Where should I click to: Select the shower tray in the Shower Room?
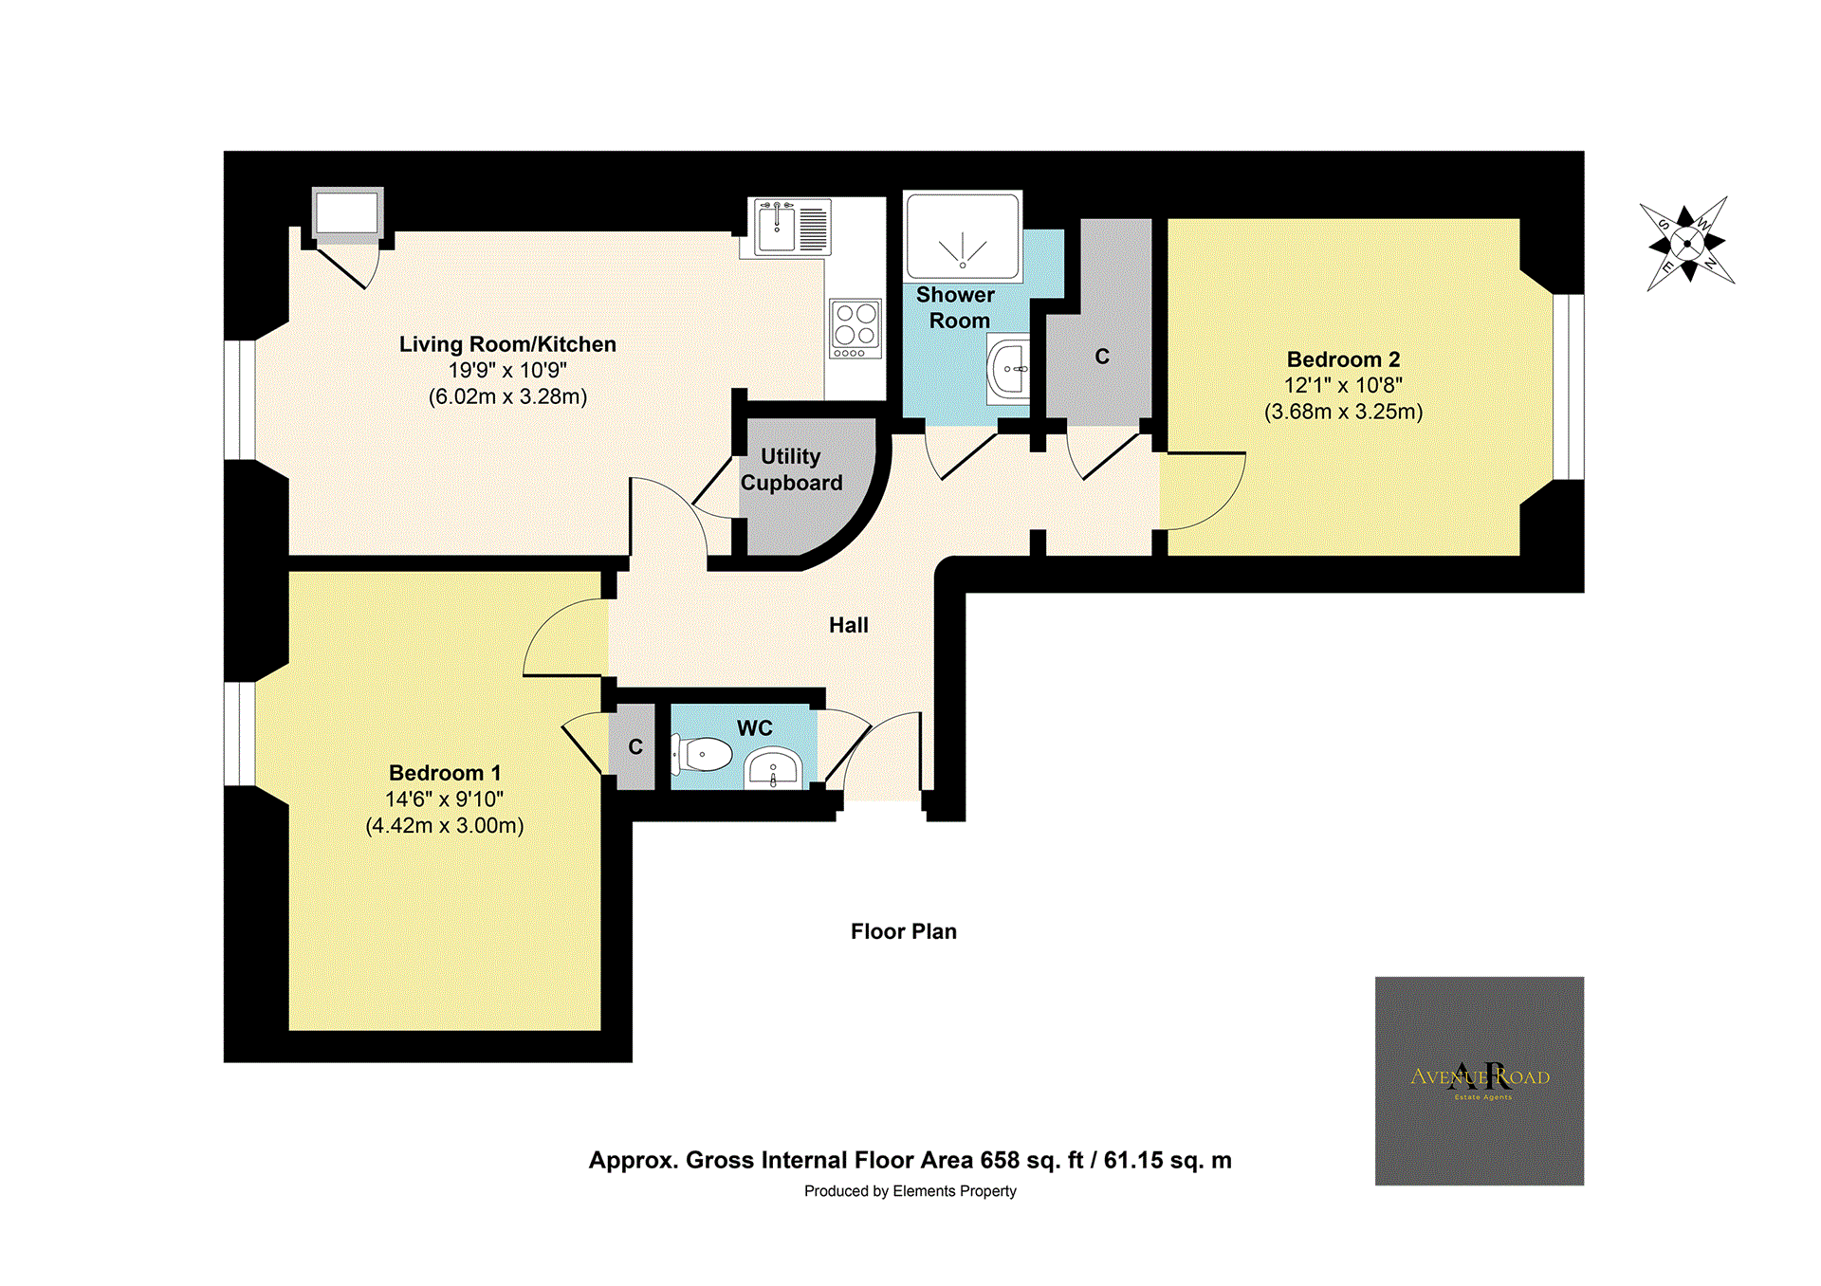[963, 237]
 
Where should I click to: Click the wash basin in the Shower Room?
[1009, 368]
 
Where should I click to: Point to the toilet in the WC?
[705, 755]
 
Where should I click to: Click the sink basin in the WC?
[773, 768]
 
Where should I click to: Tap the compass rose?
[1687, 244]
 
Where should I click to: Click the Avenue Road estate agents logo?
[1479, 1080]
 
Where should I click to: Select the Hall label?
[848, 625]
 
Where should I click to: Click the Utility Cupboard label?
[791, 469]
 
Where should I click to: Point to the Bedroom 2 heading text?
[1343, 359]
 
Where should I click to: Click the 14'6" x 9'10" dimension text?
[444, 799]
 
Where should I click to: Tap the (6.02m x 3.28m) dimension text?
[507, 396]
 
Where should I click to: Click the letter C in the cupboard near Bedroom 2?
[1101, 357]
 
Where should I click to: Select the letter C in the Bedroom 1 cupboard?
[635, 747]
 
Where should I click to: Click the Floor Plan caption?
[903, 931]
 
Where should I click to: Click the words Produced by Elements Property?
[910, 1191]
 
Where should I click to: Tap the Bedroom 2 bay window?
[1568, 387]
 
